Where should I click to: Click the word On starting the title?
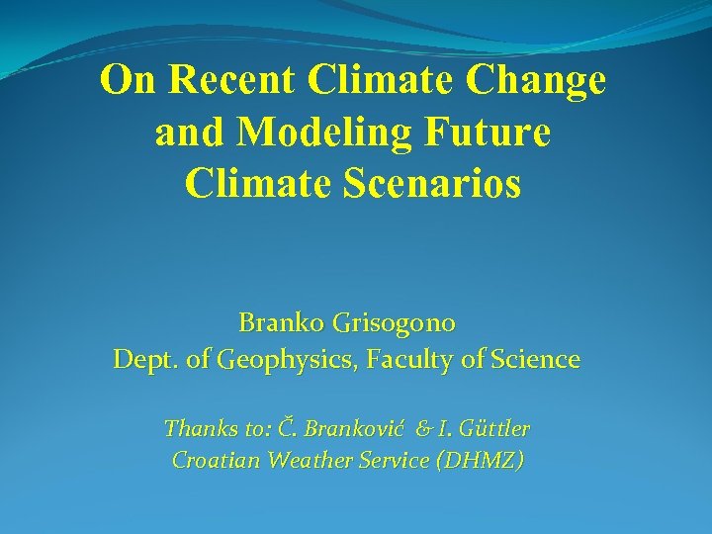pyautogui.click(x=128, y=81)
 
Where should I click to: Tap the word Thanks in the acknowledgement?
pyautogui.click(x=196, y=429)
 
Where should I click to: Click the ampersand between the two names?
pyautogui.click(x=423, y=429)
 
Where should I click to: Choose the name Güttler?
pyautogui.click(x=492, y=429)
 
